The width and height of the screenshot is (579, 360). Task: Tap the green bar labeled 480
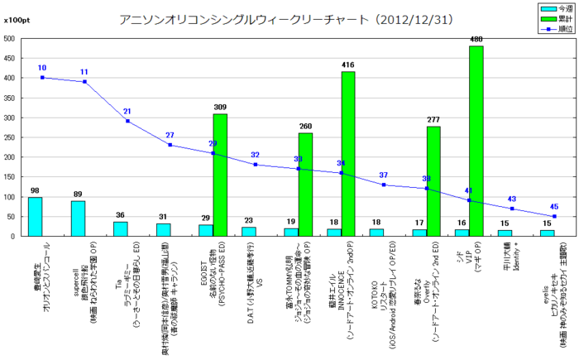pyautogui.click(x=476, y=141)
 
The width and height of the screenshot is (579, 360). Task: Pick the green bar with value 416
pyautogui.click(x=348, y=154)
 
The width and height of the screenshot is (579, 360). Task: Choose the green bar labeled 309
pyautogui.click(x=220, y=175)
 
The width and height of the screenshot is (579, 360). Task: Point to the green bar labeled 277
pyautogui.click(x=433, y=181)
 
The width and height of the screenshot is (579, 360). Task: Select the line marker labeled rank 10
pyautogui.click(x=42, y=78)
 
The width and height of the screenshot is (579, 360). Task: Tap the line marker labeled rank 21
pyautogui.click(x=127, y=121)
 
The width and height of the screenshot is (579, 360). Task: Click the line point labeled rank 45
pyautogui.click(x=554, y=216)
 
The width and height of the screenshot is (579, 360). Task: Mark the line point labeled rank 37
pyautogui.click(x=384, y=185)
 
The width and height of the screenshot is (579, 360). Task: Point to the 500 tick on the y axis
pyautogui.click(x=8, y=38)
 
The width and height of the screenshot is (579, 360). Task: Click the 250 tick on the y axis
pyautogui.click(x=8, y=137)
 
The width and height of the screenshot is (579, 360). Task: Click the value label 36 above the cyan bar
pyautogui.click(x=120, y=215)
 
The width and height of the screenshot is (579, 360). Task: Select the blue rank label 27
pyautogui.click(x=170, y=136)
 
